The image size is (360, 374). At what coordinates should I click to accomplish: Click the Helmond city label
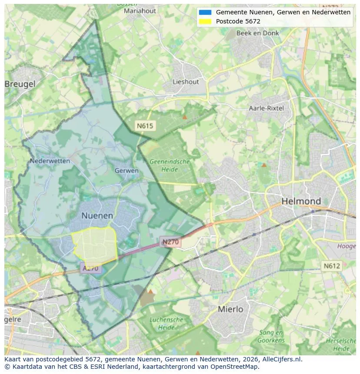301,201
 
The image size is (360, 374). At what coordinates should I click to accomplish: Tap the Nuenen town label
97,215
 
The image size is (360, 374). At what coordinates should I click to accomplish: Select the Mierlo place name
230,309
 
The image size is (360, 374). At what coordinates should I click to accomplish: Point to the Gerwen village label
127,171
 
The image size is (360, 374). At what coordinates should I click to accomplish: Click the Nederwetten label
50,161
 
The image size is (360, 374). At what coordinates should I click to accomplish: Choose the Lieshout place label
186,82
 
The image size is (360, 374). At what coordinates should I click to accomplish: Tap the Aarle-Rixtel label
266,108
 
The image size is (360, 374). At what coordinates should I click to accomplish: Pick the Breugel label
20,84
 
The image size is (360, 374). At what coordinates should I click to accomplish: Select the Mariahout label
140,11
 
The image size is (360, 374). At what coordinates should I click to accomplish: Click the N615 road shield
145,126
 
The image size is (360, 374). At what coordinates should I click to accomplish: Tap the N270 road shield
171,242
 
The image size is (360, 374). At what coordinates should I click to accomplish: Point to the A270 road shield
90,268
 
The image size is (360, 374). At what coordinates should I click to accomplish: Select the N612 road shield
332,265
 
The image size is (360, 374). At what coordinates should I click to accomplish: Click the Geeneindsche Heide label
170,165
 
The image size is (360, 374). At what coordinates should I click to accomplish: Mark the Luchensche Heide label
166,324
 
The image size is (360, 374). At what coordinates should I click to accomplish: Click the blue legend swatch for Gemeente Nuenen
204,12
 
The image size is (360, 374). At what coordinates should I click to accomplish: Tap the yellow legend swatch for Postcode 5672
204,21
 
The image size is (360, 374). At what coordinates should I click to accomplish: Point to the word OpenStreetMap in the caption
233,367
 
